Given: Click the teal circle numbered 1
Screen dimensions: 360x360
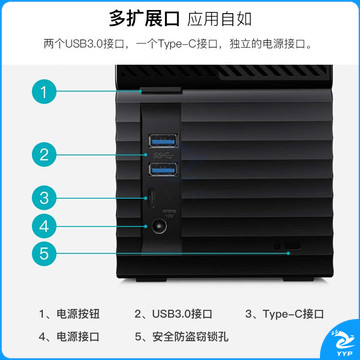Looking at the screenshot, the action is (x=44, y=91).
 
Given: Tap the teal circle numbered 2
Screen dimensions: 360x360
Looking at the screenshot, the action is (x=44, y=155).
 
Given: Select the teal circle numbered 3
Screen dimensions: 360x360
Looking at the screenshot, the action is (x=44, y=198).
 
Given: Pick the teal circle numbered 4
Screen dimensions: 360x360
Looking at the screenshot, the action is (x=44, y=226).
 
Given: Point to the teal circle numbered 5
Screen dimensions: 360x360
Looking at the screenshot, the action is (x=44, y=253).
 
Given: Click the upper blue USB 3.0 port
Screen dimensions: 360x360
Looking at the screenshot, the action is (x=163, y=140).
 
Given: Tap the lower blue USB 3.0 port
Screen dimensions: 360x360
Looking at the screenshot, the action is (x=163, y=170).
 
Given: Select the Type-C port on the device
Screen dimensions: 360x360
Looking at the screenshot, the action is (x=150, y=198).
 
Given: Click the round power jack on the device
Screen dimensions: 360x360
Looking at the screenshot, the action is (x=160, y=227).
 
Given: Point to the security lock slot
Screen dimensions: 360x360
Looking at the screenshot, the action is (x=292, y=245).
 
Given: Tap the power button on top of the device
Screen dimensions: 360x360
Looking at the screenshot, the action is (x=161, y=90).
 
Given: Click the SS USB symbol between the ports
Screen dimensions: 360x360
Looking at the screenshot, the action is (x=163, y=155).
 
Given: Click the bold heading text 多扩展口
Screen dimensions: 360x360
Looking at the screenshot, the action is (x=144, y=19).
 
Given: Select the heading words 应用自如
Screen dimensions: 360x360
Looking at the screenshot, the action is (x=219, y=19).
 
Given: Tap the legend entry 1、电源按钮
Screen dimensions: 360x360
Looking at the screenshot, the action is (x=69, y=314).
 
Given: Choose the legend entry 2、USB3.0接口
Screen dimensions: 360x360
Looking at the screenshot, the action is (x=173, y=314).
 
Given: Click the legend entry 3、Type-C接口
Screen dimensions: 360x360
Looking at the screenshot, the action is (x=285, y=314).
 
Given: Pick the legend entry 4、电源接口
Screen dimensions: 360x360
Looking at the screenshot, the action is (x=69, y=336).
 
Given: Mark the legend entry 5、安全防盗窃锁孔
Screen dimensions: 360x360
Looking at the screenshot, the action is (x=182, y=336).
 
